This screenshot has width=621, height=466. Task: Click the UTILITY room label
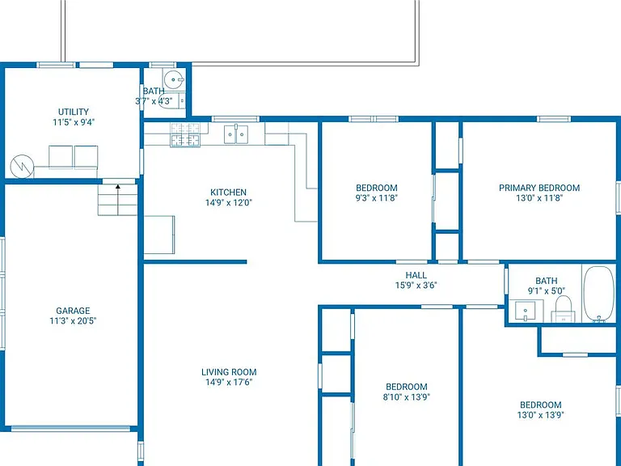click(74, 112)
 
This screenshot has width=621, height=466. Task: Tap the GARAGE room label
click(73, 311)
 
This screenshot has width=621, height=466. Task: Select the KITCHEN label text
click(228, 193)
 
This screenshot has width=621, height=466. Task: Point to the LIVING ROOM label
click(229, 372)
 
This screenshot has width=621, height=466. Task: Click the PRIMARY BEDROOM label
click(539, 188)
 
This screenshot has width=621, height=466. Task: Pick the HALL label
click(416, 275)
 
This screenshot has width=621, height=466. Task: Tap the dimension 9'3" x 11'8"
click(376, 197)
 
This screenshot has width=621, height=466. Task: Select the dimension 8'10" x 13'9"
click(407, 396)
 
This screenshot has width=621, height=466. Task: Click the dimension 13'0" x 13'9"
click(541, 415)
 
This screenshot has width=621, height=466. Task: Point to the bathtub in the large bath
click(599, 294)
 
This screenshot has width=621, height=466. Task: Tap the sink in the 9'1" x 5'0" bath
click(525, 311)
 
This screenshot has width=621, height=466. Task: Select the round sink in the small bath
click(174, 79)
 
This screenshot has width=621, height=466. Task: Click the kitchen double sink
click(236, 134)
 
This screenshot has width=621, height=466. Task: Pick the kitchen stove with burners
click(185, 135)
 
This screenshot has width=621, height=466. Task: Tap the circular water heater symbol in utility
click(22, 167)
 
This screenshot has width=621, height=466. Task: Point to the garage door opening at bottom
click(70, 428)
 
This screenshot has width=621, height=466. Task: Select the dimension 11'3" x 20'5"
click(73, 320)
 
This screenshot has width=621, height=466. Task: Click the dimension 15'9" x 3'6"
click(416, 285)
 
